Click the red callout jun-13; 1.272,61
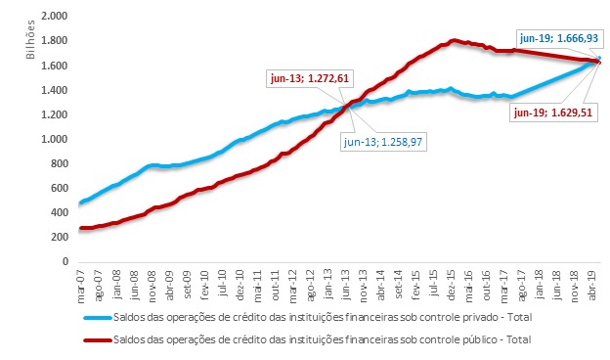pos(310,78)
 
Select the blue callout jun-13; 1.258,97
pos(383,142)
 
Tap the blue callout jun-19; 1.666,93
pos(559,38)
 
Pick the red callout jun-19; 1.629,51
pos(553,112)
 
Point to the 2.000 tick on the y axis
pos(54,16)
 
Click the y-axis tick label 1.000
pos(54,139)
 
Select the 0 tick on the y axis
pos(65,261)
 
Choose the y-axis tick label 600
pos(59,188)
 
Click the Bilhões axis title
pos(30,40)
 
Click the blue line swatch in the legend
pos(98,318)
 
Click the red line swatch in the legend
pos(98,340)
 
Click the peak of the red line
pos(453,40)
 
